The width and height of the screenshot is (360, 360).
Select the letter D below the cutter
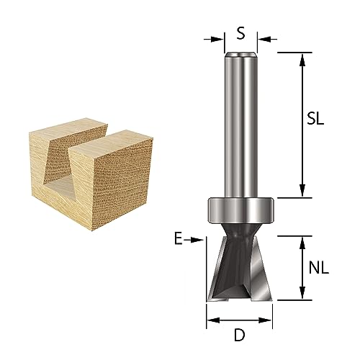pyautogui.click(x=240, y=336)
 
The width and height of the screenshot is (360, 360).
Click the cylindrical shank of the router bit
pyautogui.click(x=240, y=122)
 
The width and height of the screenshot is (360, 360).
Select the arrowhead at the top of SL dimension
pyautogui.click(x=302, y=58)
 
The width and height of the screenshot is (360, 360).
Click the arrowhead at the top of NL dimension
pyautogui.click(x=302, y=240)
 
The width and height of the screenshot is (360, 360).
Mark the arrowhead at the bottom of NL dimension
pyautogui.click(x=302, y=294)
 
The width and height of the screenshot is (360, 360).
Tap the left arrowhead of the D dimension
pyautogui.click(x=211, y=320)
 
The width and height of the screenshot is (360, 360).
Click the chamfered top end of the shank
pyautogui.click(x=240, y=55)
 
